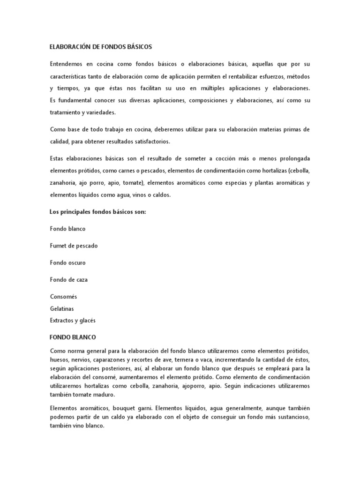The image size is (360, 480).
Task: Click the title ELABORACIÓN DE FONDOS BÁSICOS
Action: click(x=101, y=47)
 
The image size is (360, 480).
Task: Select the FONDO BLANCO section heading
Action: click(x=73, y=337)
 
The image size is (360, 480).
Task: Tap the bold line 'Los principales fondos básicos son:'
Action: click(x=98, y=212)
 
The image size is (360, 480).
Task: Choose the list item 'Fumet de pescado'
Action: click(x=74, y=246)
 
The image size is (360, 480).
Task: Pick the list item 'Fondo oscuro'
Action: click(x=67, y=262)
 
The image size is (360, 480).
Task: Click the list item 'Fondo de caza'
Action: click(x=69, y=279)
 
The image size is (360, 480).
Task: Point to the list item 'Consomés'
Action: click(x=63, y=297)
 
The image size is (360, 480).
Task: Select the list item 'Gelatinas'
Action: click(x=62, y=309)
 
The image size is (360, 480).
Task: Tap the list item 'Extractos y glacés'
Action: click(x=73, y=321)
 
